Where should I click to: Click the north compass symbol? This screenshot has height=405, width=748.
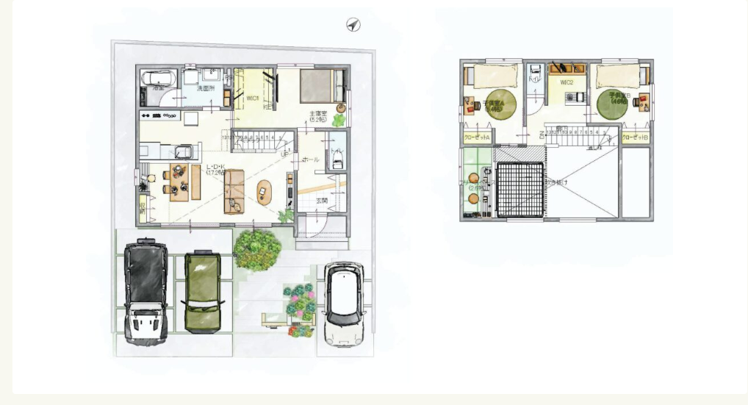353,25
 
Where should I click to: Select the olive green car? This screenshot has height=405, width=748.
202,290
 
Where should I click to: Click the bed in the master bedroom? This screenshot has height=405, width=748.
322,85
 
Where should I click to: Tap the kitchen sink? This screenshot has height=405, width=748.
185,153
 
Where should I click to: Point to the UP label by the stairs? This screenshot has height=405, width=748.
284,154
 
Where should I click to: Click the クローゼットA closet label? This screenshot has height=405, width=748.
475,137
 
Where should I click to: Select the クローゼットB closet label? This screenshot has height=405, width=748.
636,137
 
